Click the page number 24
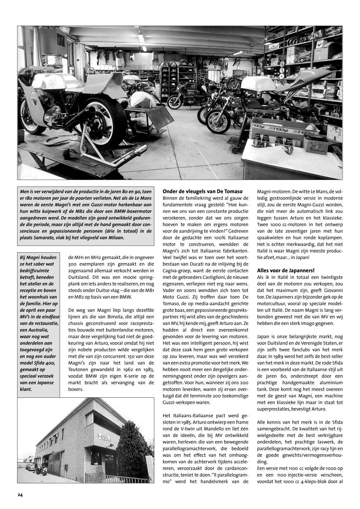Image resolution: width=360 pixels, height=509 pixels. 20,495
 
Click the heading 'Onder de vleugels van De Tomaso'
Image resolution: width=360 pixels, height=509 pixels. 202,192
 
